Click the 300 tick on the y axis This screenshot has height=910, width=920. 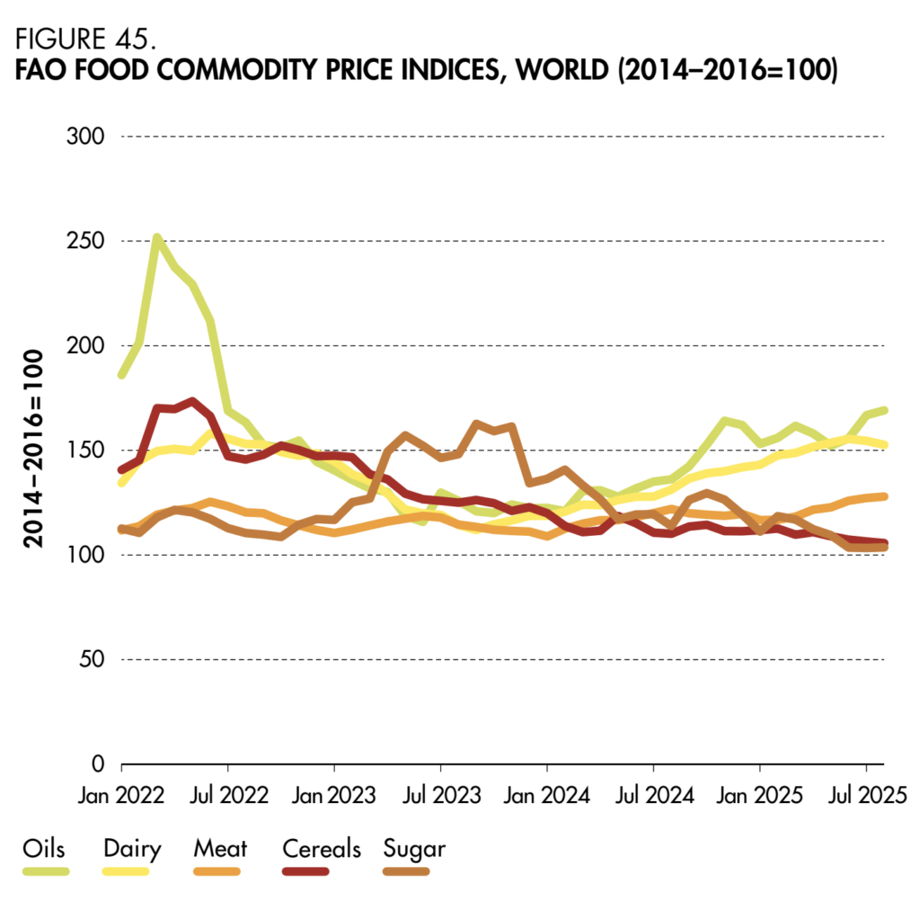pos(86,137)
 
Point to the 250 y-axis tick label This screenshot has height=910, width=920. pos(86,241)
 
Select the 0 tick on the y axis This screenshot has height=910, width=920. pos(99,763)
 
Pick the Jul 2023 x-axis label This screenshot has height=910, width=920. pos(440,795)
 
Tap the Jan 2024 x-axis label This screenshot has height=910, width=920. pos(546,795)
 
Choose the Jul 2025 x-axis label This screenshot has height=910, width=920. pos(865,795)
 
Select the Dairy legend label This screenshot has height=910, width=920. pos(132,848)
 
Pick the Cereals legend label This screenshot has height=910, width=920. pos(321,848)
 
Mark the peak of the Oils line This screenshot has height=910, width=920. pos(157,237)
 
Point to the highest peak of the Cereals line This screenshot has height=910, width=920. pos(192,401)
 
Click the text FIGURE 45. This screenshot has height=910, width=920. pos(84,41)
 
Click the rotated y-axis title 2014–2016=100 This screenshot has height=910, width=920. pos(33,450)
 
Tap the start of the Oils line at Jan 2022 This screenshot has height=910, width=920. pos(122,374)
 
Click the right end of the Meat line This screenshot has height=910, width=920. pos(884,496)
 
